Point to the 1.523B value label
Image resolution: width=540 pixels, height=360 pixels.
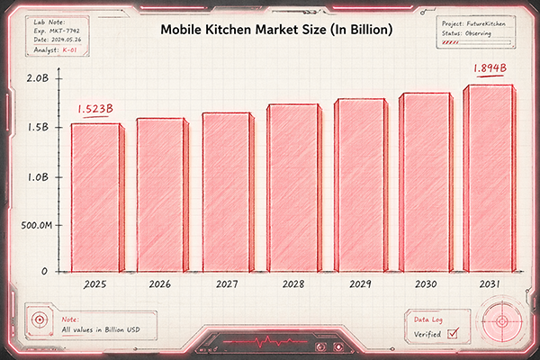pos(93,109)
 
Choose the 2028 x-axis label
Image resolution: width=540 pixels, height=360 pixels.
pos(292,284)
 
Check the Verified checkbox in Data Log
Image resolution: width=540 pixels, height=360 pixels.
pos(454,334)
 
